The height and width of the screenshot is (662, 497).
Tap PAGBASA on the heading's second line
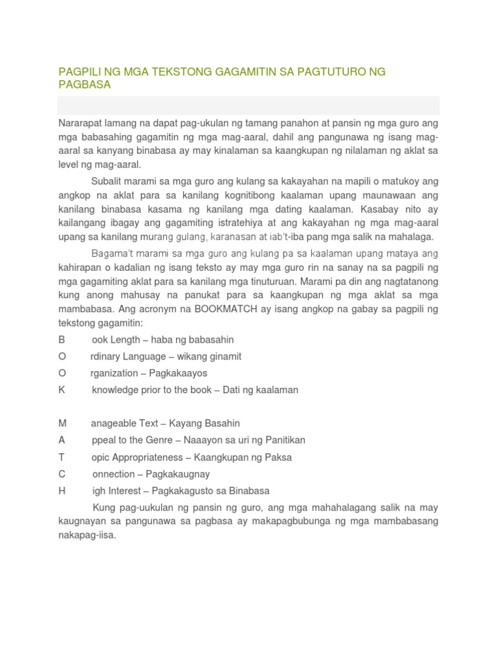click(84, 85)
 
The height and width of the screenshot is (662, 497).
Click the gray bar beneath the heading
click(248, 105)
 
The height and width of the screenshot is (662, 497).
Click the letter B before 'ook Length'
click(62, 339)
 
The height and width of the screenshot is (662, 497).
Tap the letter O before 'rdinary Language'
click(62, 356)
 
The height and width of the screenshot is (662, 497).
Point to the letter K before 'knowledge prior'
click(62, 390)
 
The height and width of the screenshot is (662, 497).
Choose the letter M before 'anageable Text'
click(63, 423)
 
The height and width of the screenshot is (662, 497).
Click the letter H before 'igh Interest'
click(62, 491)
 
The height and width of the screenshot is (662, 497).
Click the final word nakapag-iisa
click(87, 535)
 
